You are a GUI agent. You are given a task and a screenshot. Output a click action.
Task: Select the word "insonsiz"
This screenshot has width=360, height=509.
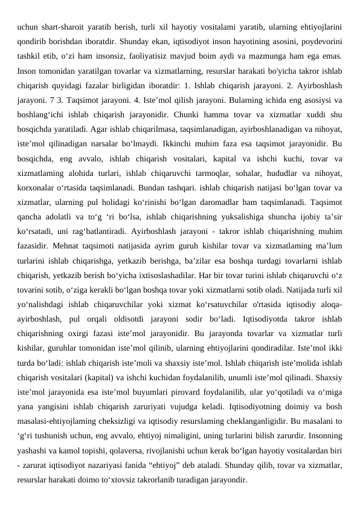(109, 57)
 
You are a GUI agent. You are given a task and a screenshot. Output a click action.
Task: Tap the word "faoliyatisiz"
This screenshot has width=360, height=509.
(152, 57)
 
